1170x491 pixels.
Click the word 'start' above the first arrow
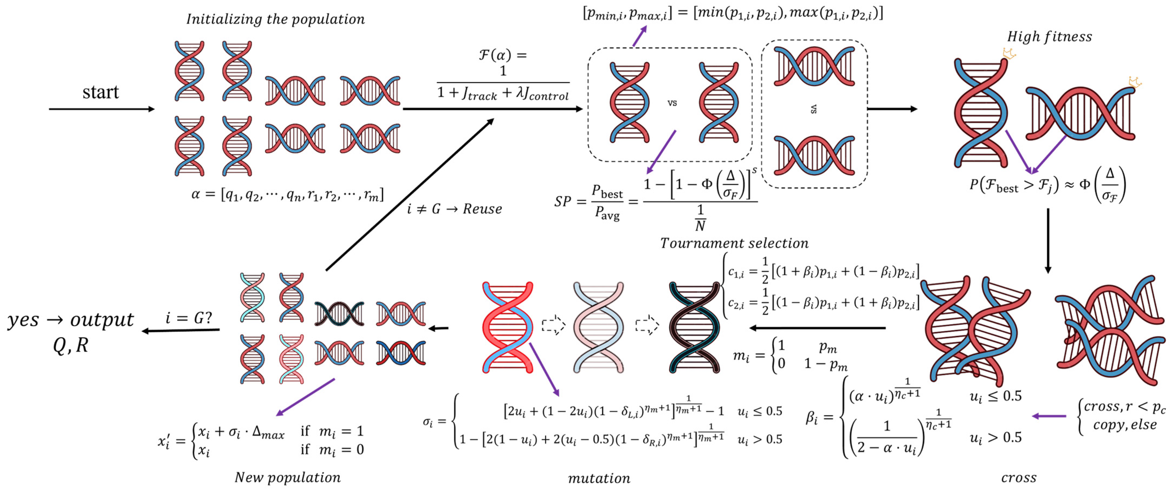101,92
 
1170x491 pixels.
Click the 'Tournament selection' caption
734,243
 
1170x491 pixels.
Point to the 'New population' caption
287,477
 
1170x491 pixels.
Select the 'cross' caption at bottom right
1019,477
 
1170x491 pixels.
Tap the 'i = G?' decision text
189,318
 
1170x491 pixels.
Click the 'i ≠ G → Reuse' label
455,209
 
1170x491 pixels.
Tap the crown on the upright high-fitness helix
1009,54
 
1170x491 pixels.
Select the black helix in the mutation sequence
695,327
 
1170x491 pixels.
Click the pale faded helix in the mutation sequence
599,327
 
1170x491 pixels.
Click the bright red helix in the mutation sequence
507,327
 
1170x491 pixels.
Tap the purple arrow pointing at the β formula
1049,416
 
